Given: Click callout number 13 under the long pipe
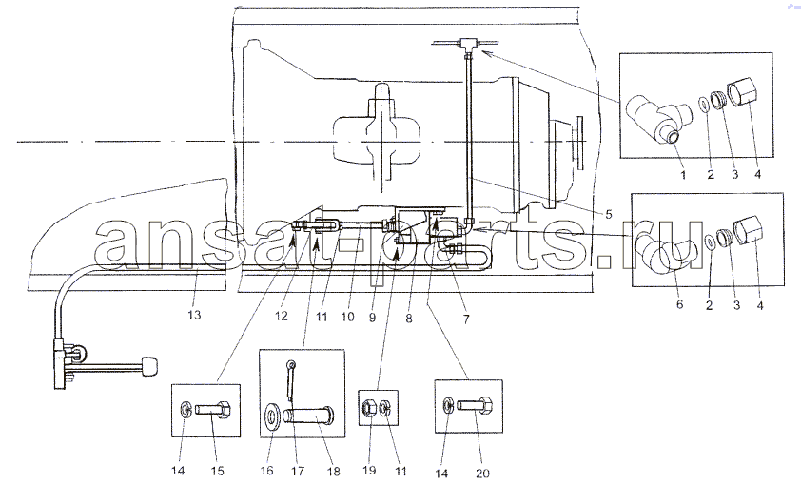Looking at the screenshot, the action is coord(194,315).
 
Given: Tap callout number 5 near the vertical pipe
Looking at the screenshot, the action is coord(609,214).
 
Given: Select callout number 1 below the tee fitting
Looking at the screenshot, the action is coord(683,175).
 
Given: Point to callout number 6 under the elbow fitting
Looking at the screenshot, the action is coord(679,304).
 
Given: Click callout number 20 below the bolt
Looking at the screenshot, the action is coord(482,474).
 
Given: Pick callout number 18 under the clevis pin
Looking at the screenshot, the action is coord(333,472).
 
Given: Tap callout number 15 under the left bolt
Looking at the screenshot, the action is coord(218,471).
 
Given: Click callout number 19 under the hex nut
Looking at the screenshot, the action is coord(369,471).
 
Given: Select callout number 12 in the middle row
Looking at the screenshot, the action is coord(282,317).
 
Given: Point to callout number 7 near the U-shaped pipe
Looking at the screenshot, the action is coord(466,319).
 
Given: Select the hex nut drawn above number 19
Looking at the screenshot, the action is coord(370,408).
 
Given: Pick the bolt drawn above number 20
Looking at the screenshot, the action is coord(475,406).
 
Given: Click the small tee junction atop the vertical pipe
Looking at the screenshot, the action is coord(467,43).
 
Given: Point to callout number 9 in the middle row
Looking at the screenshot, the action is coord(372,317).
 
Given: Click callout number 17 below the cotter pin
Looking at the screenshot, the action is coord(298,472).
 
